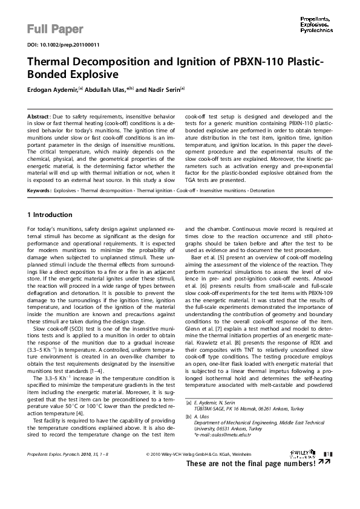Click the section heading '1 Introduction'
[50, 215]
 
